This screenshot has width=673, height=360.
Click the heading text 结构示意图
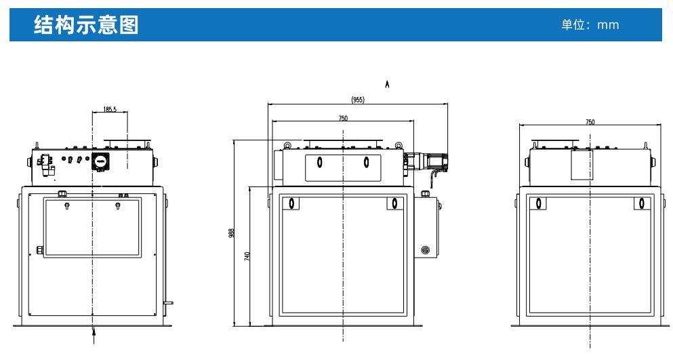tap(86, 24)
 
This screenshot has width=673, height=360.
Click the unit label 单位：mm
tap(590, 25)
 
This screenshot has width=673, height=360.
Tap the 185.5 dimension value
tap(110, 109)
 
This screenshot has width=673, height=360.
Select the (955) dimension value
tap(358, 100)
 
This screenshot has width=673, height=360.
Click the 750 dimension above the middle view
tap(343, 118)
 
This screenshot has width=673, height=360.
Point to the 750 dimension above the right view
tap(590, 122)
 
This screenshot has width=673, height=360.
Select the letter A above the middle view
tap(387, 85)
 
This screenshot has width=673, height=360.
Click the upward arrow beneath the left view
tap(94, 334)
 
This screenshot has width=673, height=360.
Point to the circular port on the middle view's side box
tap(426, 250)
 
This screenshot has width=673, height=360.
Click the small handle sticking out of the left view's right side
tap(167, 302)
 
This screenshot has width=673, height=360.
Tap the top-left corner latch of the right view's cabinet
tap(537, 203)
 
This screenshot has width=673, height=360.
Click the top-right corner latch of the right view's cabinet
tap(640, 203)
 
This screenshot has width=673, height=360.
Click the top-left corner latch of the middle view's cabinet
tap(291, 203)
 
